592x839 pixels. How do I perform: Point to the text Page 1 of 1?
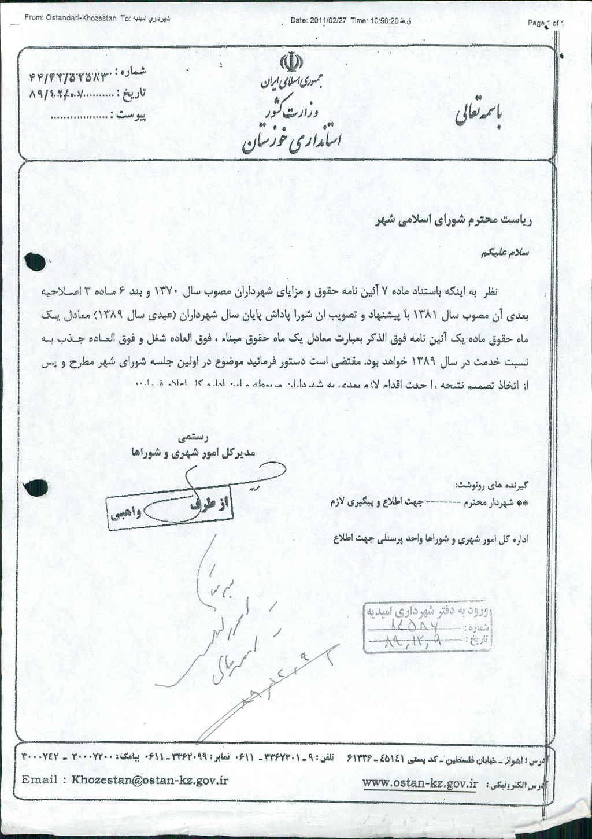(546, 23)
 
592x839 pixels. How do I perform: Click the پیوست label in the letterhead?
(132, 116)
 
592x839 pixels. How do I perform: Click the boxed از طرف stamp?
(212, 504)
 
